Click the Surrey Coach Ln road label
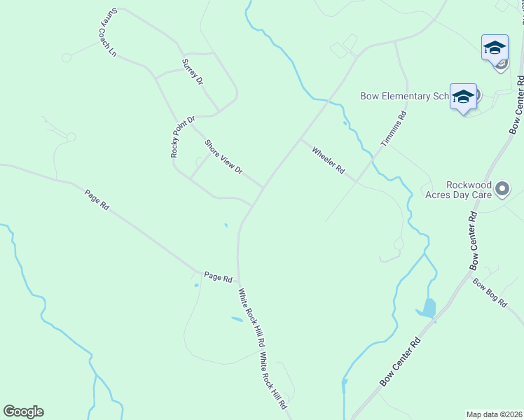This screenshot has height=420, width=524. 106,33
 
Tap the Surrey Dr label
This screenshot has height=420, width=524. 192,71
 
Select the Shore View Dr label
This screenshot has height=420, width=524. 223,157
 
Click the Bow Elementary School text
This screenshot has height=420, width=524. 403,96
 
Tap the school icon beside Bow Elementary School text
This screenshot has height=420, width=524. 463,97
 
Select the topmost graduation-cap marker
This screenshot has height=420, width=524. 495,48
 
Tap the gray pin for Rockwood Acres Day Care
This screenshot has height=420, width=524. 502,188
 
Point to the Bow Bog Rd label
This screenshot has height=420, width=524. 490,293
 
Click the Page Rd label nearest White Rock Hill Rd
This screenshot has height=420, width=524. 218,277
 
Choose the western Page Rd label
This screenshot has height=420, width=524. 97,200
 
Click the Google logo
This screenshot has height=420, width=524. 23,412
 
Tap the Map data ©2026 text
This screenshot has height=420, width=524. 494,414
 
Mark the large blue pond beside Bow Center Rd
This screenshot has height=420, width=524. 428,308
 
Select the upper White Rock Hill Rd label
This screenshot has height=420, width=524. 251,318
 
